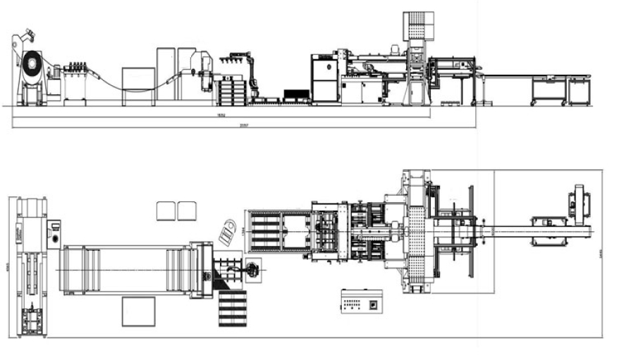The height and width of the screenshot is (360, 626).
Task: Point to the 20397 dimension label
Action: (x=244, y=125)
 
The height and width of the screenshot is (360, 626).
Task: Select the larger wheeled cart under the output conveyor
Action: (x=548, y=90)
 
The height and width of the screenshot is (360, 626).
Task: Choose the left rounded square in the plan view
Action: (x=166, y=210)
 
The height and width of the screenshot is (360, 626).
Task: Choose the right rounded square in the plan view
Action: (x=187, y=210)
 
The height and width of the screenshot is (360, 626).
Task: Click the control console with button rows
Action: (x=362, y=301)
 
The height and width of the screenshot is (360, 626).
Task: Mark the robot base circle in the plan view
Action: (x=252, y=268)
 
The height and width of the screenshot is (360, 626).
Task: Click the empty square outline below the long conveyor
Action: (x=138, y=311)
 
